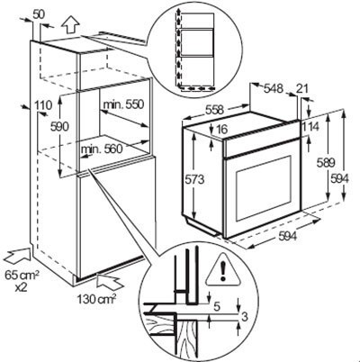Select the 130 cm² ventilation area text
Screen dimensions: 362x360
pos(94,298)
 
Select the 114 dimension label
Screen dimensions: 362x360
pos(310,127)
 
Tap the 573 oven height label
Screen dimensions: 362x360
pos(206,181)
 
